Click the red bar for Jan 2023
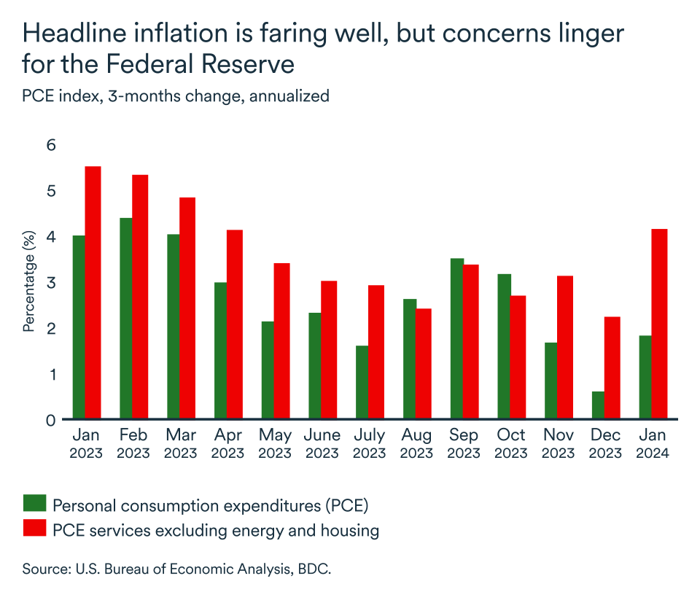pos(93,293)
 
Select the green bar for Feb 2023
pos(126,319)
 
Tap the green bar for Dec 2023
pos(598,405)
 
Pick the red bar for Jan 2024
pos(659,324)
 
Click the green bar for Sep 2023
pos(456,339)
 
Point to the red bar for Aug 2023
pos(424,364)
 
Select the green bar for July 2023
pos(362,383)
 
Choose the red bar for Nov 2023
pos(565,348)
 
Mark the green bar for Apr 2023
pos(220,351)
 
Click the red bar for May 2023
pos(281,341)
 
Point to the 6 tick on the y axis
pos(50,145)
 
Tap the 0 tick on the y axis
pos(50,420)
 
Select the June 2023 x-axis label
pos(322,443)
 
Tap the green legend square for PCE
pos(34,503)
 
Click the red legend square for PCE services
pos(34,529)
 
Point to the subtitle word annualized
pos(289,96)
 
